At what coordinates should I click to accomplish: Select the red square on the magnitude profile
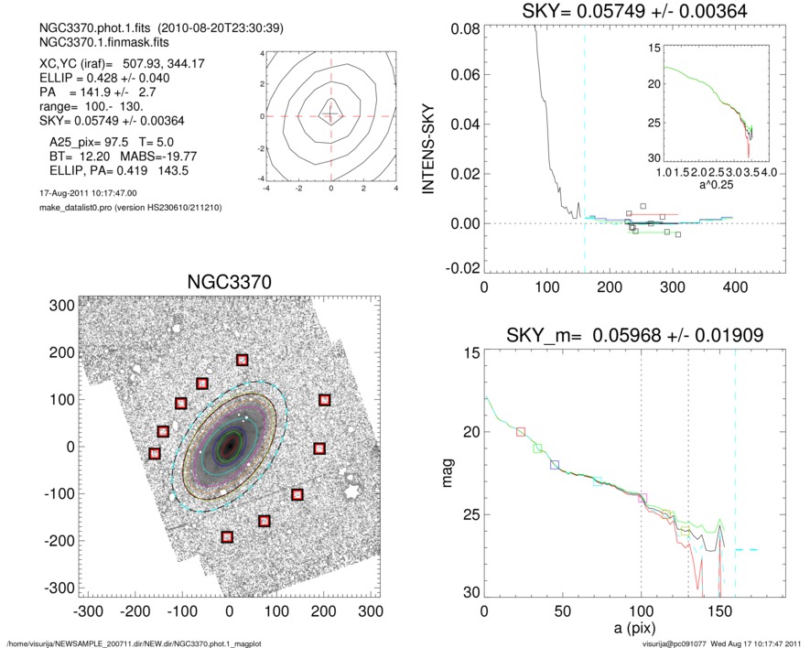coord(522,431)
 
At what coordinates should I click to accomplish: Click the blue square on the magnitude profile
coord(555,465)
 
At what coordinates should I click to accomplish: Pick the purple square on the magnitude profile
coord(642,498)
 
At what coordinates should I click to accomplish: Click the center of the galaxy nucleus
coord(228,446)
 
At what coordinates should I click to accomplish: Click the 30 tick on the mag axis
coord(470,592)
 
